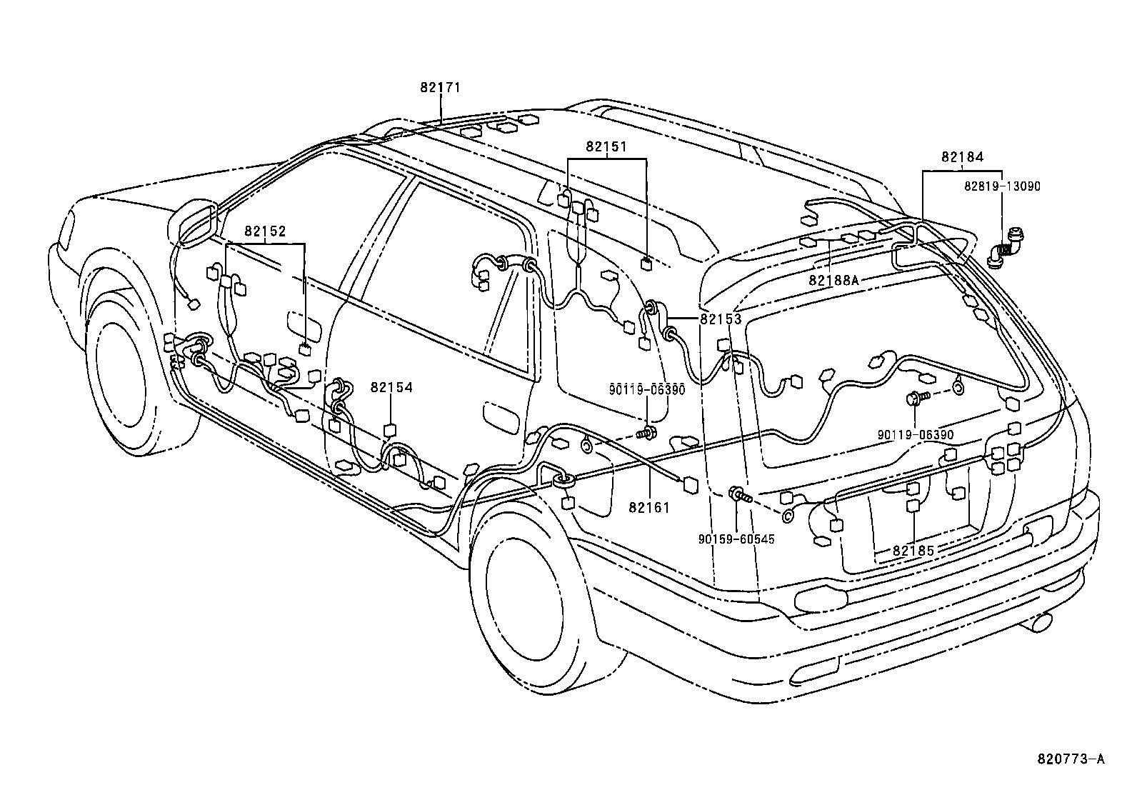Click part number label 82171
pyautogui.click(x=440, y=88)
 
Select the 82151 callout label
pyautogui.click(x=606, y=146)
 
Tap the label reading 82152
pyautogui.click(x=265, y=231)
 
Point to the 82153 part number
pyautogui.click(x=721, y=319)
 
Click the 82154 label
pyautogui.click(x=391, y=387)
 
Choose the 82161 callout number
pyautogui.click(x=649, y=507)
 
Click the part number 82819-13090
pyautogui.click(x=1002, y=186)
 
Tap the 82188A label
pyautogui.click(x=833, y=281)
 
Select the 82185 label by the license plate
pyautogui.click(x=913, y=551)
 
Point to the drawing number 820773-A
pyautogui.click(x=1071, y=758)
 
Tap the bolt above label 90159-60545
pyautogui.click(x=738, y=494)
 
